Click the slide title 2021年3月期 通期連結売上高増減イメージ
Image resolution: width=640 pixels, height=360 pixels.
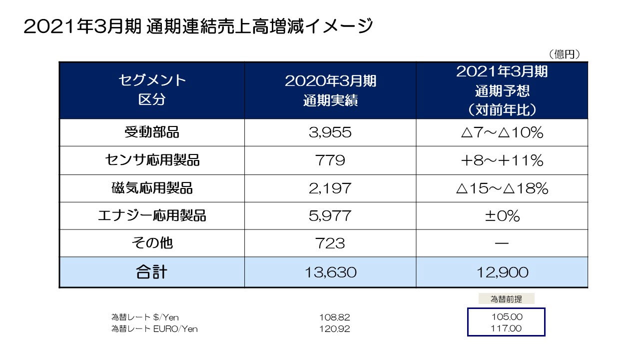tap(198, 26)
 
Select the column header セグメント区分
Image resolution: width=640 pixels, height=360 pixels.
tap(152, 90)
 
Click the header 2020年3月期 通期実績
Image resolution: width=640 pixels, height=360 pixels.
tap(330, 90)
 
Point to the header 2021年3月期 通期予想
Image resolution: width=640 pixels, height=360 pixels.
tap(502, 90)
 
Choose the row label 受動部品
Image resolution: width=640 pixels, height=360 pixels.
tap(152, 132)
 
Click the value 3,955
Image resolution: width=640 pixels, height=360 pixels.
tap(330, 132)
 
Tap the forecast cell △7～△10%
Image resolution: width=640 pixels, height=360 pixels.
tap(502, 132)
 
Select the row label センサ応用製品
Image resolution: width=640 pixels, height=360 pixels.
tap(152, 160)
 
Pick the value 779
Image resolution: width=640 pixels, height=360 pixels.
tap(330, 160)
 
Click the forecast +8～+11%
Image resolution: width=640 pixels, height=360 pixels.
tap(502, 160)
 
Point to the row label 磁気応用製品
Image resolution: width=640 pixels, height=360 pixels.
tap(152, 188)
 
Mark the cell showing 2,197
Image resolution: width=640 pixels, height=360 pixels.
tap(330, 188)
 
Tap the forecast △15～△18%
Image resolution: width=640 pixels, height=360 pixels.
tap(502, 188)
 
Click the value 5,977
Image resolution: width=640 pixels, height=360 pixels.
tap(330, 215)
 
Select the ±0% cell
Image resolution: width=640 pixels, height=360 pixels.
tap(502, 215)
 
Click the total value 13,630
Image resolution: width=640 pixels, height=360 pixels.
tap(330, 272)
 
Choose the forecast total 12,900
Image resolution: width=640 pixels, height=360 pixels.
tap(502, 272)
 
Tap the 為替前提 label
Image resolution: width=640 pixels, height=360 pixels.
tap(506, 299)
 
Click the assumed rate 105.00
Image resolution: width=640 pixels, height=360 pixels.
tap(506, 316)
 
